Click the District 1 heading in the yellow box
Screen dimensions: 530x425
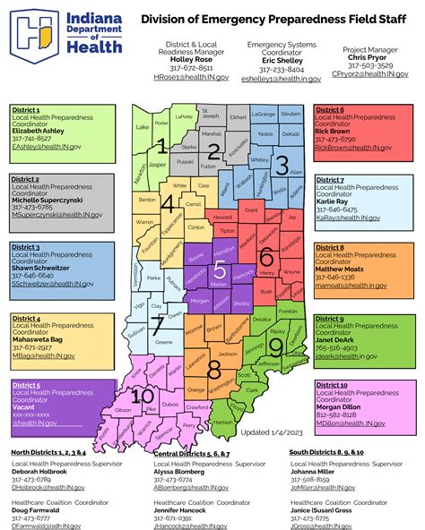[x=26, y=109]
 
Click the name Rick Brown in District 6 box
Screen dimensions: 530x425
[x=334, y=131]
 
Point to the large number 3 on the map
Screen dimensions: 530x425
[x=282, y=164]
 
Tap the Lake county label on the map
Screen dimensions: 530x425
[x=142, y=127]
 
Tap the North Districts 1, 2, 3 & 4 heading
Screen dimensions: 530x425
[x=48, y=453]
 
